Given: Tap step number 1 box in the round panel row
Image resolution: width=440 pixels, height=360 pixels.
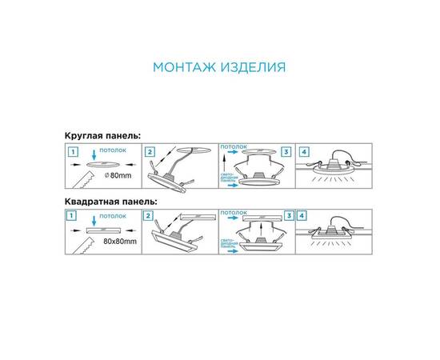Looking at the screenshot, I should (72, 151).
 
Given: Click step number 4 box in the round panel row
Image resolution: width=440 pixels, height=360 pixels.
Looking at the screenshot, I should (304, 151).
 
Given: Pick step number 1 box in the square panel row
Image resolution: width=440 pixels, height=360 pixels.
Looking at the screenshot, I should (72, 216).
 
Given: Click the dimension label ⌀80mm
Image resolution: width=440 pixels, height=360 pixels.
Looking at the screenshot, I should (116, 174).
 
